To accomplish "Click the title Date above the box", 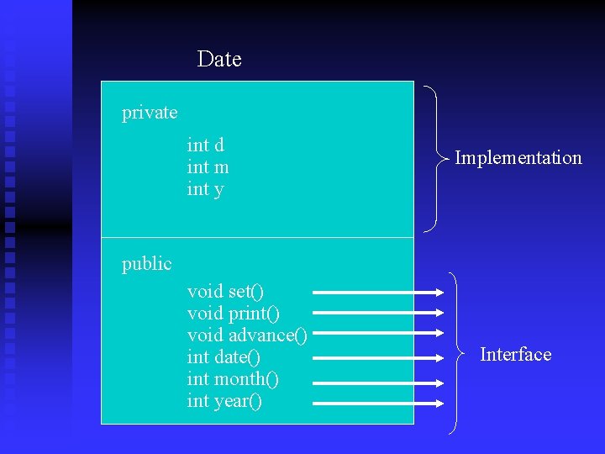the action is tap(219, 60).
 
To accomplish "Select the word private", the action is tap(150, 113).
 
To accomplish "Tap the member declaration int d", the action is tap(205, 145).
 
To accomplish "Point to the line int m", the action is tap(208, 167).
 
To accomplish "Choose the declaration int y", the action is tap(205, 189).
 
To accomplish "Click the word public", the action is tap(146, 264).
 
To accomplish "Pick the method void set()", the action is tap(225, 292).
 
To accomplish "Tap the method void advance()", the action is tap(247, 335).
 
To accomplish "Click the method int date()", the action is tap(224, 357).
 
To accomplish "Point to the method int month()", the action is tap(233, 379).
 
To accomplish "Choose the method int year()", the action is tap(224, 401).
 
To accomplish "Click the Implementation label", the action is tap(518, 158).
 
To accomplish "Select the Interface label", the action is tap(515, 355).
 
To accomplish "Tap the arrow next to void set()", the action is tap(378, 293).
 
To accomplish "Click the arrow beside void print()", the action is tap(378, 314).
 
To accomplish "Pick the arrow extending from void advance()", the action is tap(378, 336).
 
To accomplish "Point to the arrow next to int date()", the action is tap(378, 358).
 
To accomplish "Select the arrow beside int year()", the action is tap(378, 402).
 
